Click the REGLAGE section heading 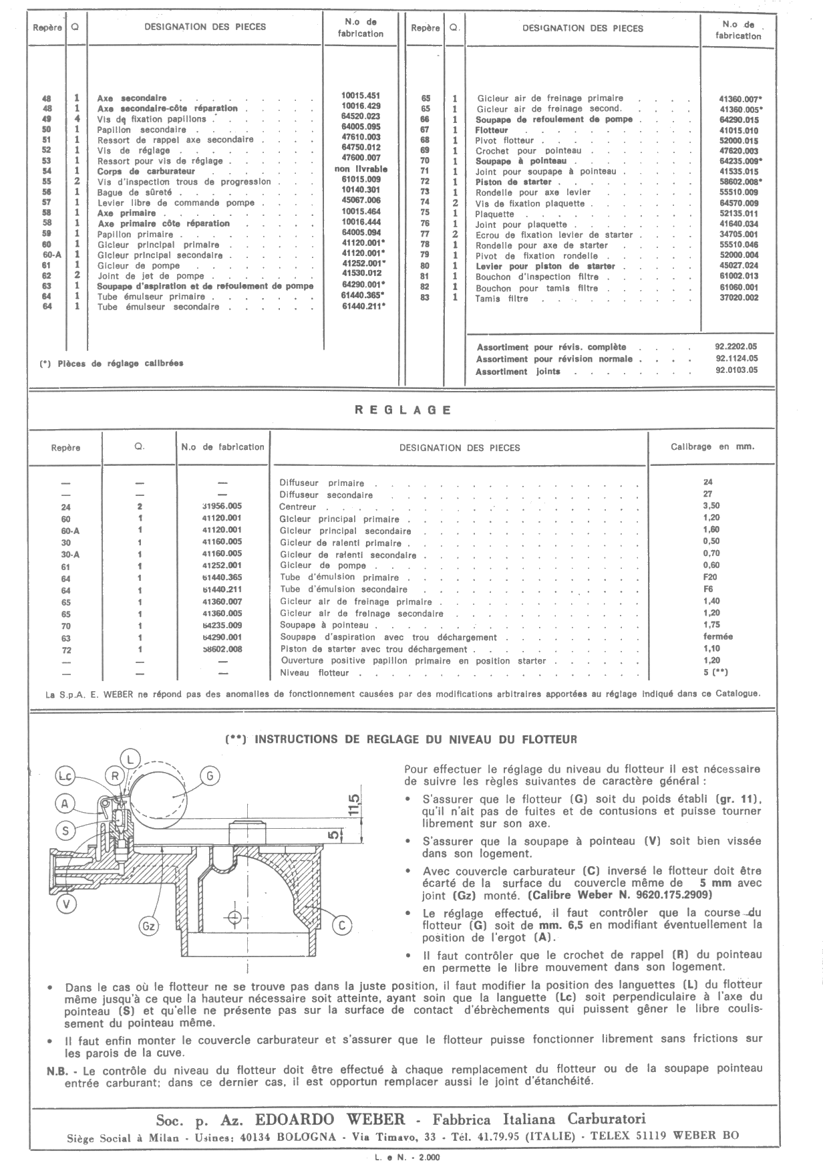402,410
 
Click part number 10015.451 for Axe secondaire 361,96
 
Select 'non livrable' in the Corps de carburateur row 361,169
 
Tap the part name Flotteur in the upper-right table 492,130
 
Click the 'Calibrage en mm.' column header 712,446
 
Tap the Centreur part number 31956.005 222,506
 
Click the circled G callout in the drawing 210,776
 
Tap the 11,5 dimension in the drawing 355,802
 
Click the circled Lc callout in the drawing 65,777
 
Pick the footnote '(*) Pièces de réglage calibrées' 111,364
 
